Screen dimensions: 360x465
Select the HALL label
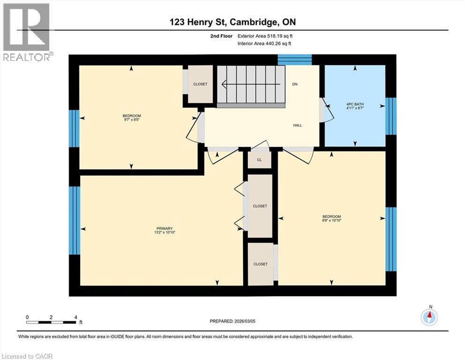tap(297, 125)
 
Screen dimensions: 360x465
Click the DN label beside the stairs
tap(295, 84)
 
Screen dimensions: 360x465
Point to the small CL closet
tap(259, 160)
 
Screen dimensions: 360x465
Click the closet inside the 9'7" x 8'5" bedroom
tap(200, 84)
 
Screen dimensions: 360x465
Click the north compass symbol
tap(429, 317)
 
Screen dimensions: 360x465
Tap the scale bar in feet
tap(51, 322)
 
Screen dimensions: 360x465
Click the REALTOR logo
tap(27, 32)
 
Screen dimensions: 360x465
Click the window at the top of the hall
tap(295, 60)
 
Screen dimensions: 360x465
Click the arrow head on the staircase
tap(224, 85)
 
